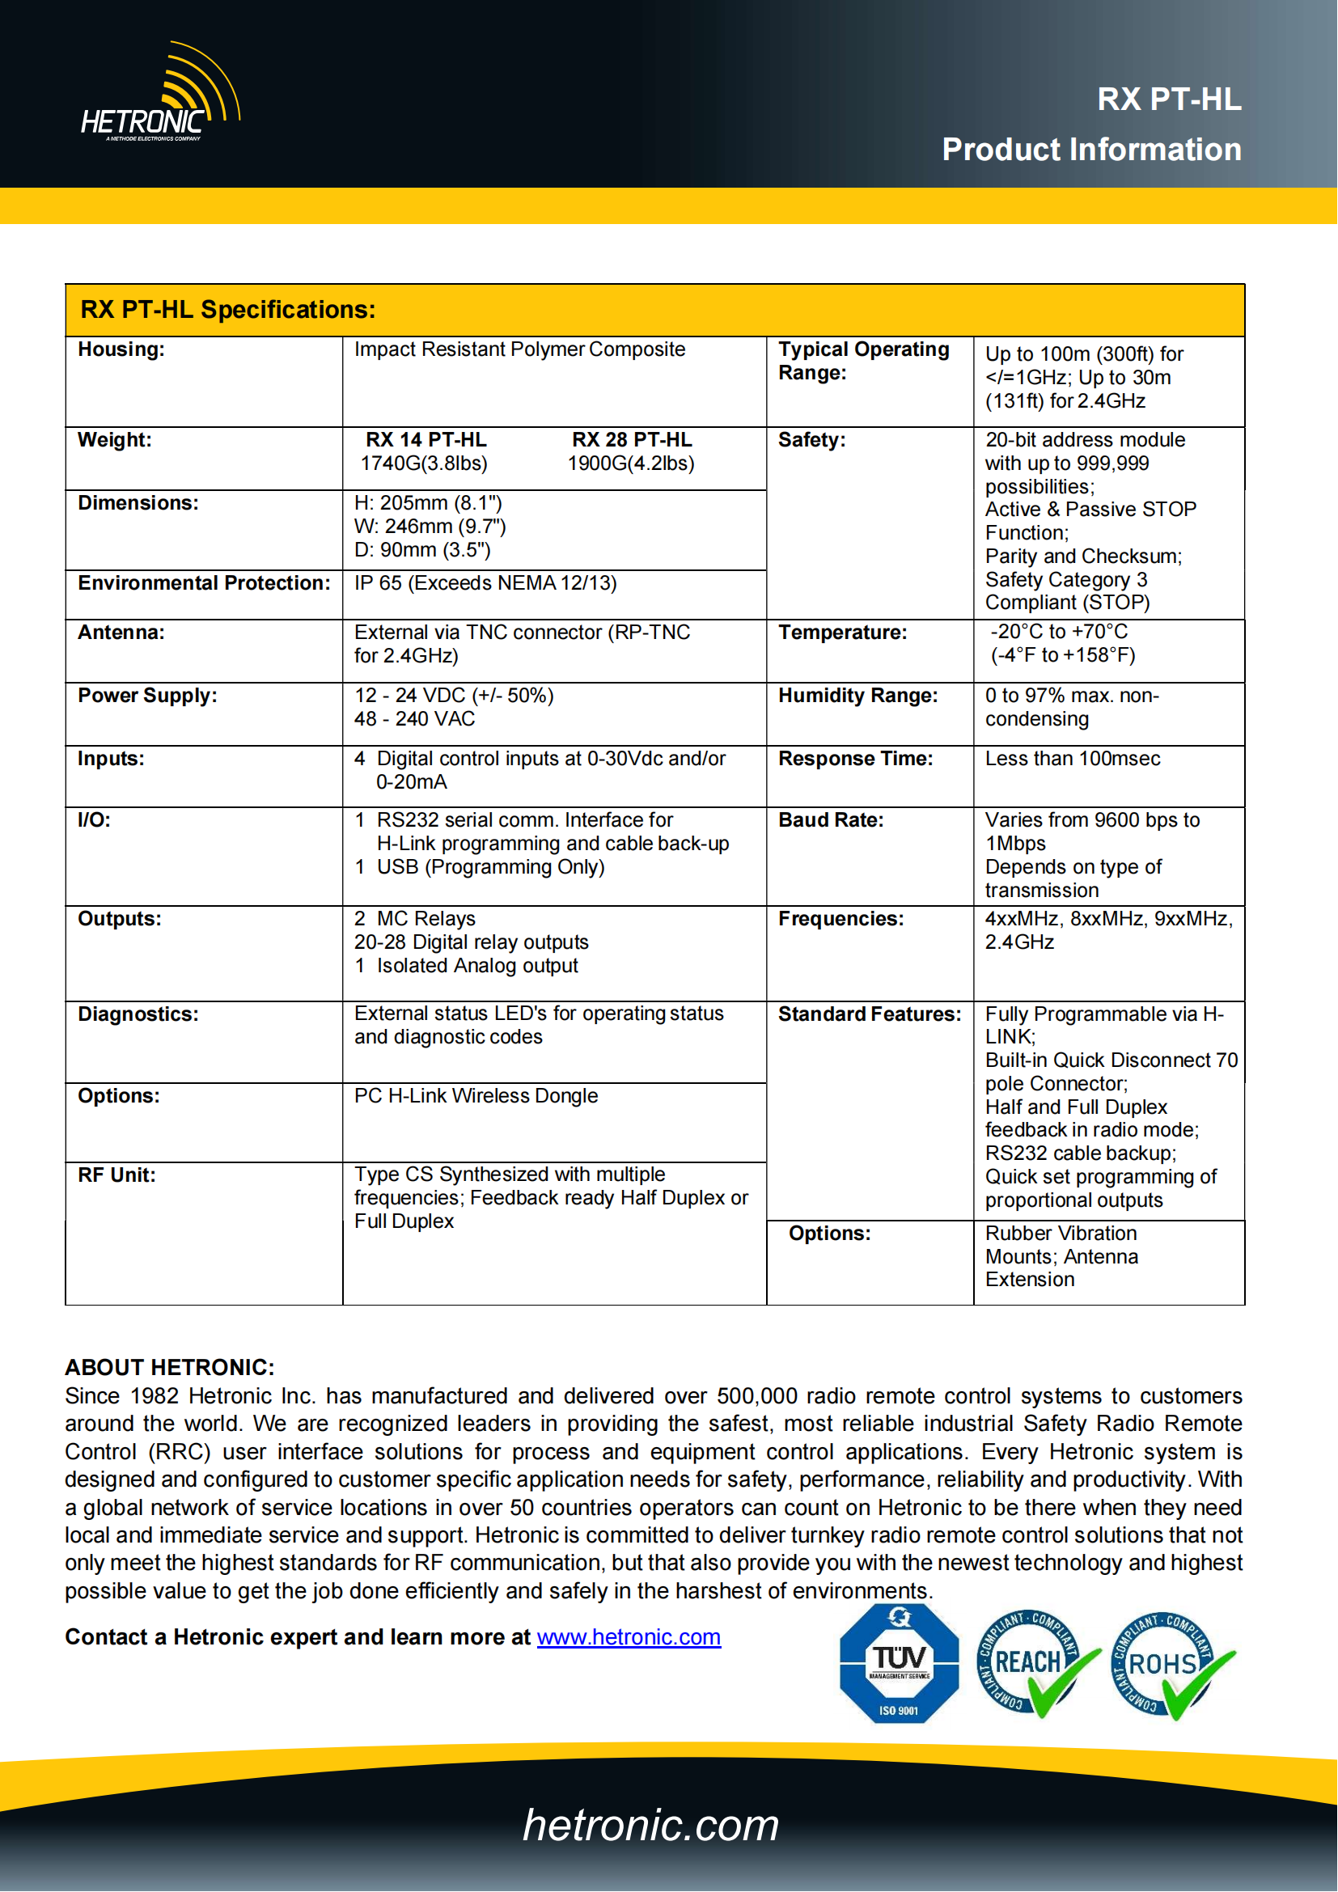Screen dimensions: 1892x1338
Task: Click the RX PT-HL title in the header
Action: (x=1168, y=99)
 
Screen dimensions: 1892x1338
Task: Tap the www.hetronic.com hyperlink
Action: (x=629, y=1636)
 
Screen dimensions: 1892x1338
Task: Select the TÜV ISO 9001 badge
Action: (x=899, y=1663)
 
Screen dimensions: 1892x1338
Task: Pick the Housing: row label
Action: (x=121, y=349)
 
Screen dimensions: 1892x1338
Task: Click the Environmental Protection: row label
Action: (x=204, y=583)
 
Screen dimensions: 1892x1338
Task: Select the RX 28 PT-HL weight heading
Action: (x=632, y=440)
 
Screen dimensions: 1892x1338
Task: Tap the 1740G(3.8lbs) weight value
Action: (x=423, y=464)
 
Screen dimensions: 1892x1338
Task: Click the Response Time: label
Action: (x=855, y=759)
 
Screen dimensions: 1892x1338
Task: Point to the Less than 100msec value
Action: (x=1073, y=759)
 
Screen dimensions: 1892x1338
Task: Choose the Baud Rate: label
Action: (x=831, y=821)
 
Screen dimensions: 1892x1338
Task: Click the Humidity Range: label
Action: (x=857, y=696)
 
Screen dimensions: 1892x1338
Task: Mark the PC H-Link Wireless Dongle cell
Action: (x=476, y=1096)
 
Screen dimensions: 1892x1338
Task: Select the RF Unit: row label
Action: (x=117, y=1175)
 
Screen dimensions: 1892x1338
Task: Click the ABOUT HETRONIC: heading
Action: (x=170, y=1368)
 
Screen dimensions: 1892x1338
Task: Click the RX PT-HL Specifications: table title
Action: (x=227, y=310)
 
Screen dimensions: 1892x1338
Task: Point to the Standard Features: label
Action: (x=869, y=1014)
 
